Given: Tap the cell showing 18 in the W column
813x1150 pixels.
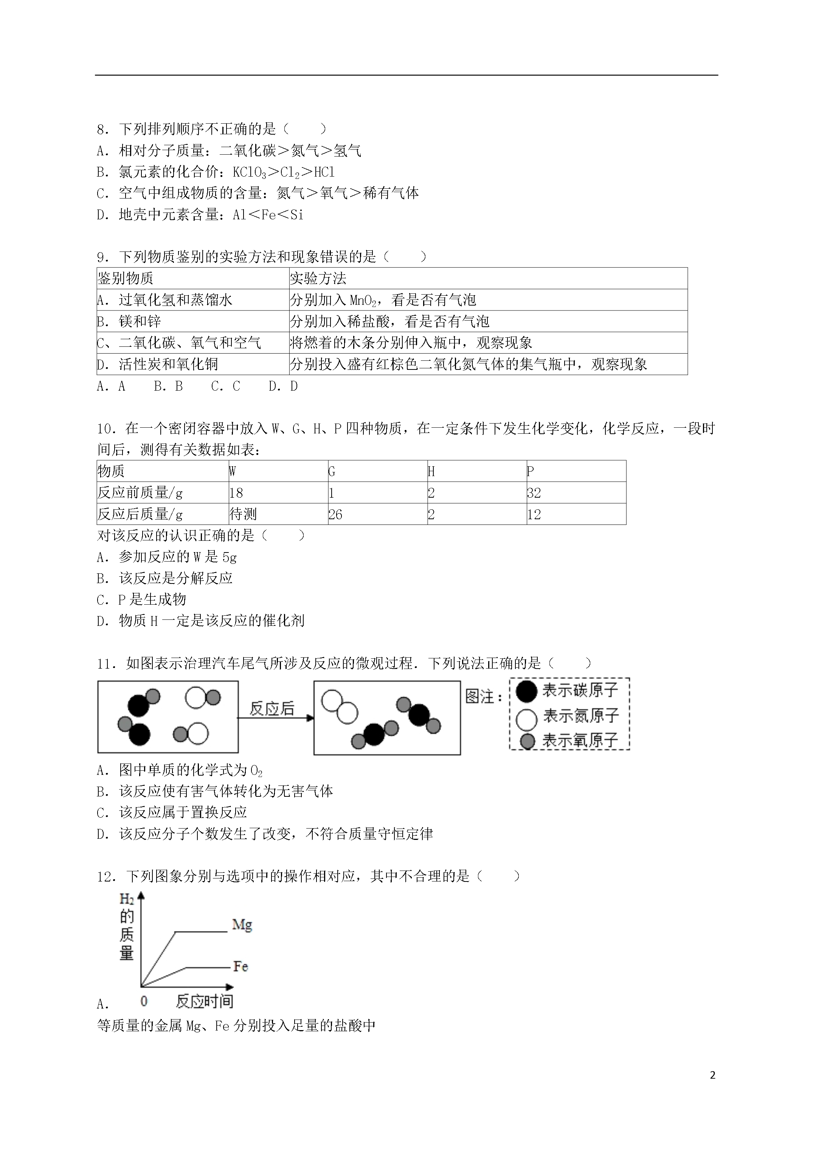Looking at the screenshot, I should pos(236,493).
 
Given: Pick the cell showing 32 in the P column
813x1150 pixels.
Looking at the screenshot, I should pos(534,493).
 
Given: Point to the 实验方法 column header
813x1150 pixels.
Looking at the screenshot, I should pos(318,278).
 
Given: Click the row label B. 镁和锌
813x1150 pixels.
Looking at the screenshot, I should pos(129,321).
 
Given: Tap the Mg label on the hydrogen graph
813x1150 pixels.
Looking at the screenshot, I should pos(242,924).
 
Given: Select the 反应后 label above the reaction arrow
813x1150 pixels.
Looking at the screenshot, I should pos(272,708).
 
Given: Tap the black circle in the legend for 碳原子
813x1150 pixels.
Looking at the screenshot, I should pos(526,691).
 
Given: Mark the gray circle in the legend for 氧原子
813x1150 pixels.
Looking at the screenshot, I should pos(528,741).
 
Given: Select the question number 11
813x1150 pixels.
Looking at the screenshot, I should pos(106,664).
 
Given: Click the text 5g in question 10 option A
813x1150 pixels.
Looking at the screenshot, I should pos(230,557).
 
